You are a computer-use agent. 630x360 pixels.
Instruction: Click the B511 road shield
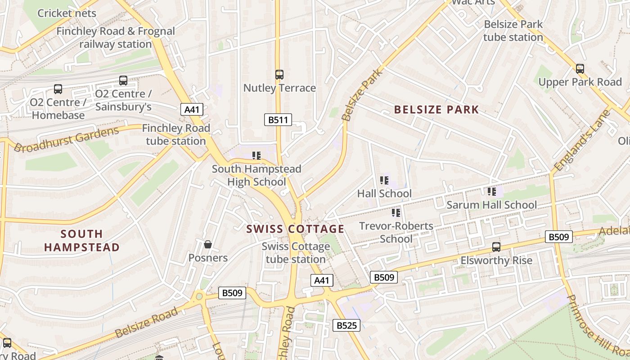tap(278, 120)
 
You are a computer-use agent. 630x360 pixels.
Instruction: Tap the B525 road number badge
tap(346, 325)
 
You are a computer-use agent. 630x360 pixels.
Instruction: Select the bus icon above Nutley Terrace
tap(279, 75)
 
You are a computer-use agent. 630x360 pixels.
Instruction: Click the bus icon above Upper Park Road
tap(580, 69)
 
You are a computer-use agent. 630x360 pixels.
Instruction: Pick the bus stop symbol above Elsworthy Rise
tap(496, 247)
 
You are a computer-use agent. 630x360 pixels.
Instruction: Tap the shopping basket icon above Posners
tap(208, 244)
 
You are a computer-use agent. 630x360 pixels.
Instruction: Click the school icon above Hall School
tap(384, 180)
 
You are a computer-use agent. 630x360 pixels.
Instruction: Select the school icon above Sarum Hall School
tap(492, 192)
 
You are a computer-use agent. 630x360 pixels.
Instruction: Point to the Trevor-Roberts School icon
tap(396, 213)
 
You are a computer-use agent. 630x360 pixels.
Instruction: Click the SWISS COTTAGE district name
tap(295, 229)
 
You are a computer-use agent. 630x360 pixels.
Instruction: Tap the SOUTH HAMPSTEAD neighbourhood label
tap(82, 241)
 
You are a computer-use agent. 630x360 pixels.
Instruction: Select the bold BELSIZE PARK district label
tap(436, 110)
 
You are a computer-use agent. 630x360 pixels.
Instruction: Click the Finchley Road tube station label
tap(176, 135)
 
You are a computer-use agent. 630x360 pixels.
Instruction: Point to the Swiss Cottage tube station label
tap(296, 253)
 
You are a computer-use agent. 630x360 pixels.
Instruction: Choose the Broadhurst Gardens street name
tap(66, 139)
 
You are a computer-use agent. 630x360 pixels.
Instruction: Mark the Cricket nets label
tap(67, 13)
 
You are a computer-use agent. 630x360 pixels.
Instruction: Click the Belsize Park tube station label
tap(513, 31)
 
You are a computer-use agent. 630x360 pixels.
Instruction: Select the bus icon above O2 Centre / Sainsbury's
tap(123, 81)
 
